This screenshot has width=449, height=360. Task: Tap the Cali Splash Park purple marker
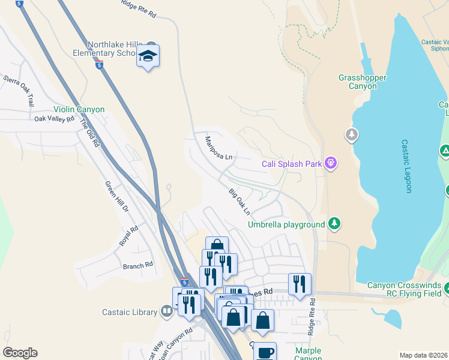coord(330,163)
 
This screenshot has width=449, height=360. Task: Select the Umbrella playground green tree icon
coord(334,224)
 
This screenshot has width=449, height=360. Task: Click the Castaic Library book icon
coord(167,311)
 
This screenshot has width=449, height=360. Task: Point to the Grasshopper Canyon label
coord(362,82)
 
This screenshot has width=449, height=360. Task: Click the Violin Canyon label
coord(79,110)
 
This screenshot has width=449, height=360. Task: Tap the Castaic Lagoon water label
coord(406,166)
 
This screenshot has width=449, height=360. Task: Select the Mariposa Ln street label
coord(218,148)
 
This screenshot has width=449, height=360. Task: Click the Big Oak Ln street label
coord(239,202)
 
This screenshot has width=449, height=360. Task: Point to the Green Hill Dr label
coord(117,197)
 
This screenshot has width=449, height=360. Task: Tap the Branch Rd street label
coord(137,265)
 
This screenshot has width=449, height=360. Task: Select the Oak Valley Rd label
coord(53,119)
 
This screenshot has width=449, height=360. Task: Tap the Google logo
coord(20,353)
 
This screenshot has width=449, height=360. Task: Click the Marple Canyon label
coord(308,355)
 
